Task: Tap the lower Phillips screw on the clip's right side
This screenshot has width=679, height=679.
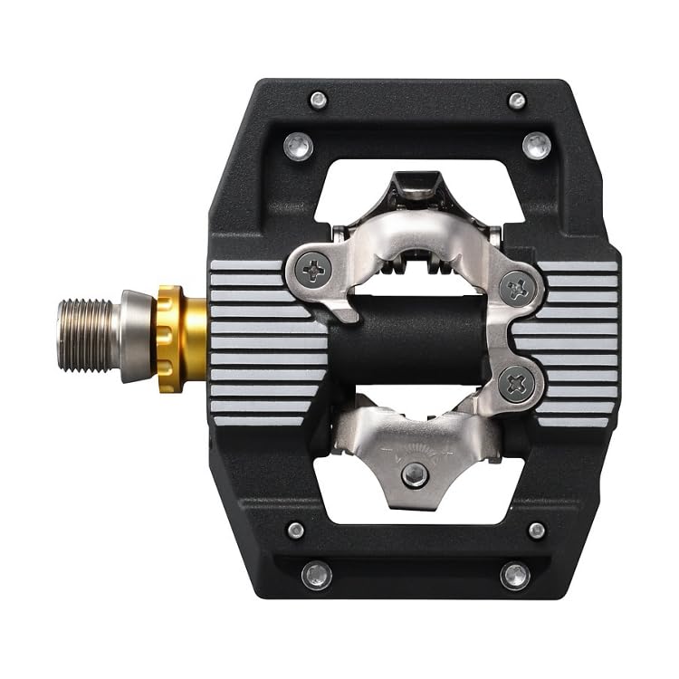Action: coord(517,384)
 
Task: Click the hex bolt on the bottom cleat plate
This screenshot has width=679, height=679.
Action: coord(415,474)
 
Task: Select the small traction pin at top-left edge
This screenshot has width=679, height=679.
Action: coord(318,100)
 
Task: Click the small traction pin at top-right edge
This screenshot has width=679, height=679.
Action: coord(517,100)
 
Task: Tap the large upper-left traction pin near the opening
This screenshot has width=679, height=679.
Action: coord(298,145)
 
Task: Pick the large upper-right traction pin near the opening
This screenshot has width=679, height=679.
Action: coord(537,145)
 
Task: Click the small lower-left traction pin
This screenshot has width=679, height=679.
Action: coord(296,531)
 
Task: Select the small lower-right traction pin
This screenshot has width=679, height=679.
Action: coord(537,531)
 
